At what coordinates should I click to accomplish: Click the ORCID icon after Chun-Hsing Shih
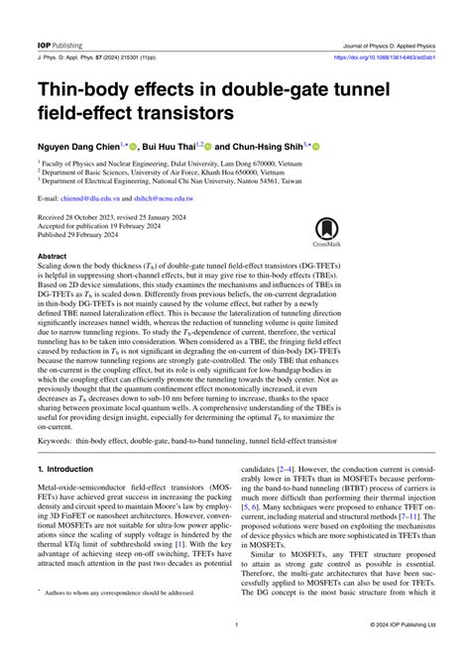[317, 146]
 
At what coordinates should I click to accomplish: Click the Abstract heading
[53, 256]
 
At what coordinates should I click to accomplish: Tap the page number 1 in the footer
[235, 625]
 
